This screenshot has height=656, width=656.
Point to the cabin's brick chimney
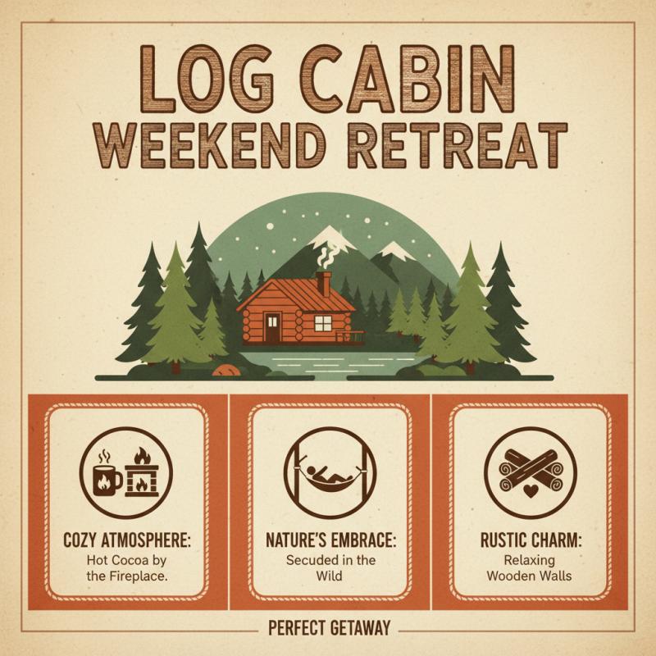coord(324,284)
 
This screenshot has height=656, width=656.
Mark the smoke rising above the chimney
coord(324,256)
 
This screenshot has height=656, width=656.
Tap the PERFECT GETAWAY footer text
coord(329,629)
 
